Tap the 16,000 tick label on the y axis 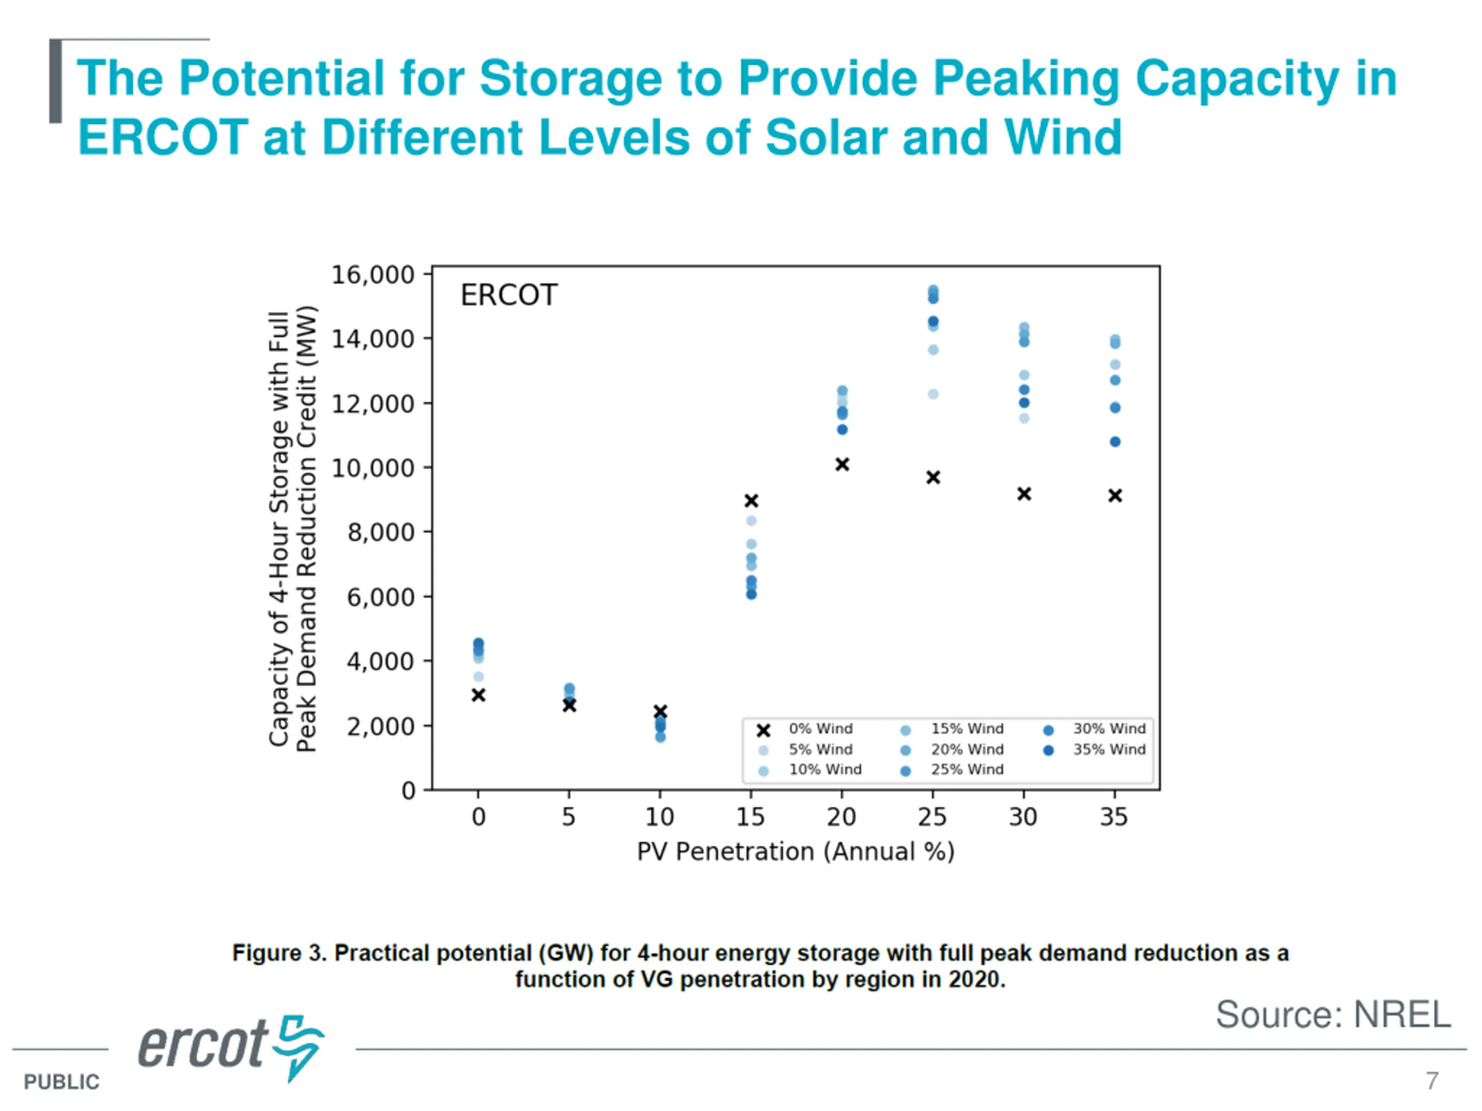click(x=372, y=275)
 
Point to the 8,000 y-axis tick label click(x=380, y=532)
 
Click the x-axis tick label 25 click(x=932, y=817)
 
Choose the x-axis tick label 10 click(x=659, y=817)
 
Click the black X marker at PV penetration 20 click(x=842, y=464)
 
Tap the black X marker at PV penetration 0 click(x=478, y=695)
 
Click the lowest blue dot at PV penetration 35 click(x=1115, y=442)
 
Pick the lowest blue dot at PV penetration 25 click(x=933, y=394)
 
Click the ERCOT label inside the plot click(x=508, y=295)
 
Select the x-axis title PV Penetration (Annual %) click(x=795, y=852)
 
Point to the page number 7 click(x=1432, y=1081)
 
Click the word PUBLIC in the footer click(x=61, y=1082)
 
